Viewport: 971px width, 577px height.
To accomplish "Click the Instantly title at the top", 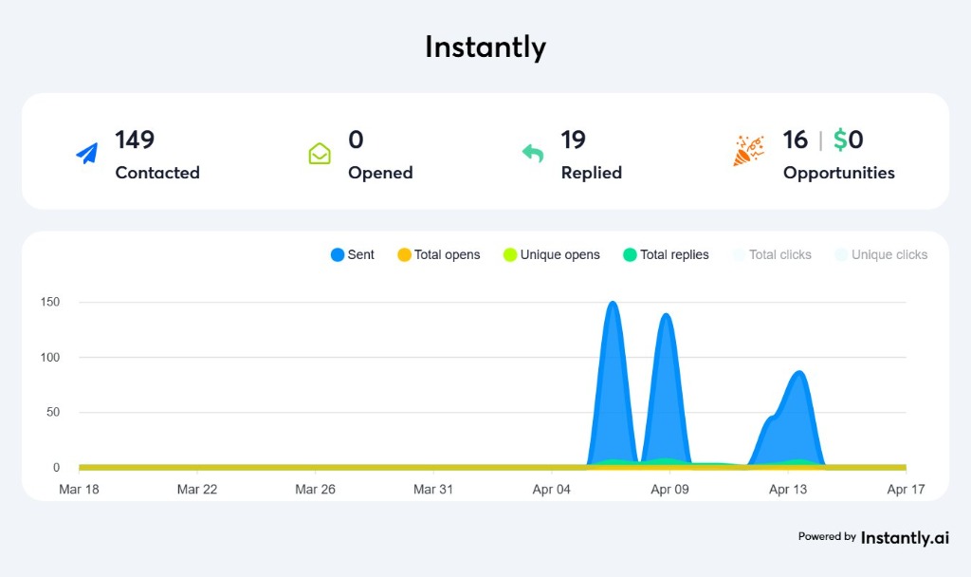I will click(x=485, y=47).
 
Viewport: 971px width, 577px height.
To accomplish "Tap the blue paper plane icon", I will click(x=87, y=153).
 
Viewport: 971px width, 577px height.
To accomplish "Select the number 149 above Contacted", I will click(x=135, y=140).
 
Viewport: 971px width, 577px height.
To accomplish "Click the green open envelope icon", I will click(x=320, y=153).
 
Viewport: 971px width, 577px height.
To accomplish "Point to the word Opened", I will click(x=380, y=173).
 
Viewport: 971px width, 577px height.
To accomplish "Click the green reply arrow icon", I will click(x=533, y=153).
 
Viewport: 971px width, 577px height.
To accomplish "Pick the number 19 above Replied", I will click(x=573, y=140).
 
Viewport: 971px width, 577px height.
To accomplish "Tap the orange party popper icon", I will click(x=748, y=151).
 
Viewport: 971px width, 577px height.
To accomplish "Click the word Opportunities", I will click(x=838, y=173).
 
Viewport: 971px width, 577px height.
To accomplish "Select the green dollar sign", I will click(x=840, y=140).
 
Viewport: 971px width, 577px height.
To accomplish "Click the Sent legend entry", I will click(x=353, y=254).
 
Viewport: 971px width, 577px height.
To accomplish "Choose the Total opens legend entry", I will click(x=439, y=254).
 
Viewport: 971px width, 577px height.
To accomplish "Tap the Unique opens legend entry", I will click(x=552, y=254).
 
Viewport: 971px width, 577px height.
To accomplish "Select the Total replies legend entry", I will click(x=666, y=254).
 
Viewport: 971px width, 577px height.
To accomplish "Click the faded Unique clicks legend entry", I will click(x=881, y=254).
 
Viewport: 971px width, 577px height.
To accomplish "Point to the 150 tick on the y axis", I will click(x=49, y=303).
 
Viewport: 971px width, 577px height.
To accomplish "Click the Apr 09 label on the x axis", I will click(x=669, y=490).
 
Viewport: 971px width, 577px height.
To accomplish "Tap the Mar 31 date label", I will click(x=431, y=490).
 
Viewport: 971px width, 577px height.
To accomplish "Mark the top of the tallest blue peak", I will click(x=613, y=304).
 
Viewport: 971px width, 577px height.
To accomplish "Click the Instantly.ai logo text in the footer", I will click(x=905, y=537).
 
